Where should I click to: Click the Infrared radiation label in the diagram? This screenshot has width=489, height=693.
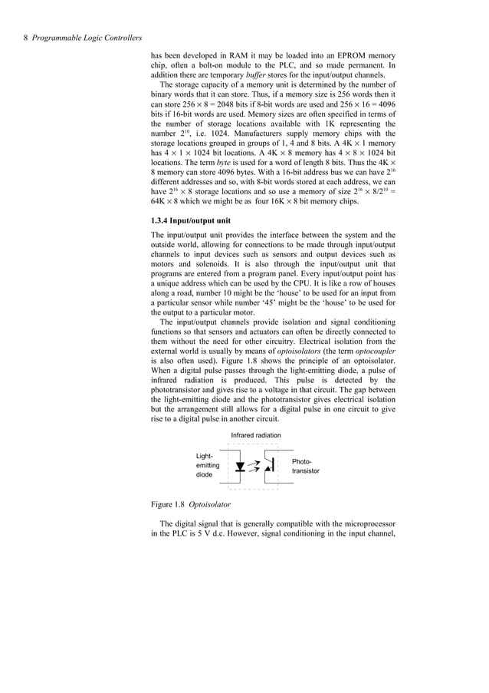[256, 435]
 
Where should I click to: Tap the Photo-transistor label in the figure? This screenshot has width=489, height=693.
[305, 466]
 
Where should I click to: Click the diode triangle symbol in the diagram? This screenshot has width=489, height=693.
[241, 466]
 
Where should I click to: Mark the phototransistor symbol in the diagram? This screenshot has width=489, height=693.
[268, 466]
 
